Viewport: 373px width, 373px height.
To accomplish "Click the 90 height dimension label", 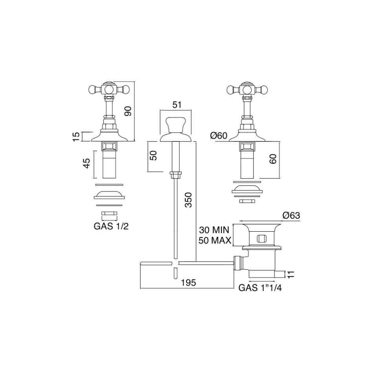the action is (x=128, y=111).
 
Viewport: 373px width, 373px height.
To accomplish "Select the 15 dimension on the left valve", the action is (x=76, y=137).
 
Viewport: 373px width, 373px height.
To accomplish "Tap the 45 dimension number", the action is (x=87, y=163).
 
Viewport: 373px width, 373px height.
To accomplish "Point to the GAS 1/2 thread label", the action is (x=111, y=226).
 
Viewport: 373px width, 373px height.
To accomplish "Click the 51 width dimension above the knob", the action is (x=177, y=105).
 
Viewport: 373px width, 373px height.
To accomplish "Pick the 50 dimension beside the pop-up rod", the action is (x=154, y=155).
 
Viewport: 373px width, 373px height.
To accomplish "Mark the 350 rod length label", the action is (x=188, y=200).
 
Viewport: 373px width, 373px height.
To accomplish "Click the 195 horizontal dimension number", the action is (x=188, y=283).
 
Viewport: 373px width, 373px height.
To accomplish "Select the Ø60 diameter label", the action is (x=219, y=135).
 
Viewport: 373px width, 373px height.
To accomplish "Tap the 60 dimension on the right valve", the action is (x=273, y=159).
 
